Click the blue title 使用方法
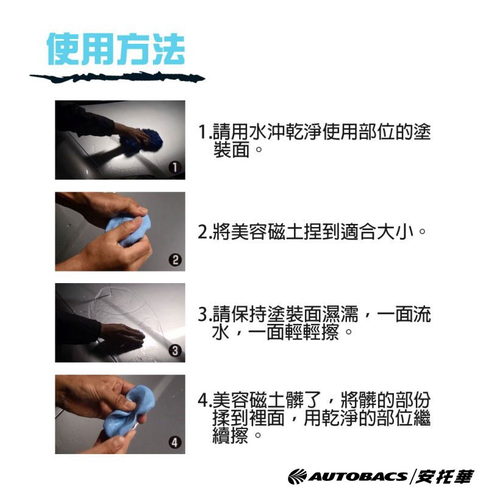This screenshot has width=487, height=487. pos(116,49)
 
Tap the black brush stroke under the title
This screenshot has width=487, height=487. pos(117,77)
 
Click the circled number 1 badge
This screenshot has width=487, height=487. pos(175,167)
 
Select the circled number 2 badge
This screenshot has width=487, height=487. pos(175,260)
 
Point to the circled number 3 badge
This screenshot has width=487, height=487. pos(175,351)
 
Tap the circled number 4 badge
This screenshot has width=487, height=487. pos(175,443)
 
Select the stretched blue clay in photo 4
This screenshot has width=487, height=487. pos(127,410)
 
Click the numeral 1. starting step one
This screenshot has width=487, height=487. pos(205,132)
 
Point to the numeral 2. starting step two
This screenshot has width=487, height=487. pos(205,232)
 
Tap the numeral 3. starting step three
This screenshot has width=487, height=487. pos(205,314)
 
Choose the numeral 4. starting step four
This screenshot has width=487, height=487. pos(205,400)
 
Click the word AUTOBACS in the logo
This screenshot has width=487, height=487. pos(357,477)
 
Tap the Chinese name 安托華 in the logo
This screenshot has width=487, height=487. pos(445,477)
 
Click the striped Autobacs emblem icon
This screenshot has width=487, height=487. pos(297,477)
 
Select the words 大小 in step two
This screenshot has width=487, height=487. pos(395,232)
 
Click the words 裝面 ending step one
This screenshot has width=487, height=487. pos(231,150)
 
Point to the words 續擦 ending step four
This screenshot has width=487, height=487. pos(231,435)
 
